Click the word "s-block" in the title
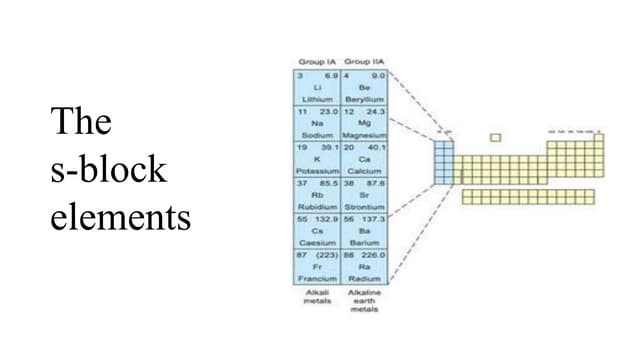pyautogui.click(x=108, y=169)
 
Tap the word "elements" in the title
pyautogui.click(x=120, y=216)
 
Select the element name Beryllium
pyautogui.click(x=364, y=99)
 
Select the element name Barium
pyautogui.click(x=364, y=242)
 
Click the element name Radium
pyautogui.click(x=364, y=278)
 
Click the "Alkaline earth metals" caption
pyautogui.click(x=364, y=300)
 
